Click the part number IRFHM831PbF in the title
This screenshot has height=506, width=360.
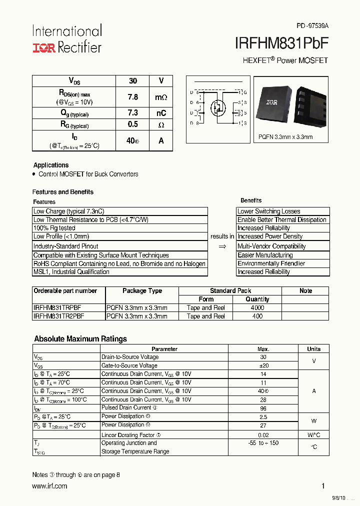point(281,43)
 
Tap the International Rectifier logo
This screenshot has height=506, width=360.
point(67,39)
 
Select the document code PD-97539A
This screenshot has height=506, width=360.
point(312,25)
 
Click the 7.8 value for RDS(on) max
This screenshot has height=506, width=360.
point(132,97)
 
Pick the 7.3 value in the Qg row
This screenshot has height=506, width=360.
point(132,113)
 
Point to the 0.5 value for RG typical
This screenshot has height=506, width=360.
point(132,124)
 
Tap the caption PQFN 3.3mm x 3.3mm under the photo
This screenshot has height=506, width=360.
point(285,137)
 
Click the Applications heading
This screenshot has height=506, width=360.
point(51,165)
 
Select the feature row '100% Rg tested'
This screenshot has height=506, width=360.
point(54,228)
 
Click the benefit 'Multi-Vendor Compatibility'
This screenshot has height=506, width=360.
point(271,246)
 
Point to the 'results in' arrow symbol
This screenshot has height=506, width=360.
point(222,246)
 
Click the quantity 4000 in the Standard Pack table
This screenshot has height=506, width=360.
point(257,308)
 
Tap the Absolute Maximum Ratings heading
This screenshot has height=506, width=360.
point(80,339)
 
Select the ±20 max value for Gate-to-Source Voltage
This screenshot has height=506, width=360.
point(263,365)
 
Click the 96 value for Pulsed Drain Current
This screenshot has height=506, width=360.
point(263,408)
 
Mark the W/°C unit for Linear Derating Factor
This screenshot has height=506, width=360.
point(313,435)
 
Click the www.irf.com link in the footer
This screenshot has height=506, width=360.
point(49,486)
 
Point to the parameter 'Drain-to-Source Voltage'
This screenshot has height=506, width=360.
point(130,357)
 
